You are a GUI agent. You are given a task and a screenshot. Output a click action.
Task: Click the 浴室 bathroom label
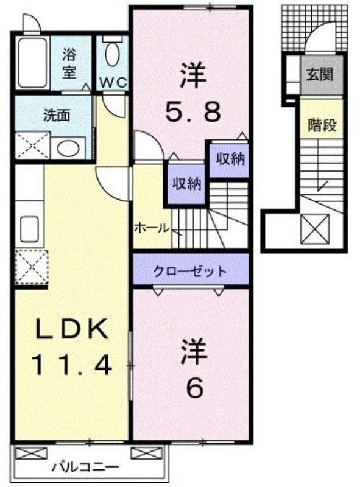point(69,64)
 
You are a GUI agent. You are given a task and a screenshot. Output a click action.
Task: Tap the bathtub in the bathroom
point(32,63)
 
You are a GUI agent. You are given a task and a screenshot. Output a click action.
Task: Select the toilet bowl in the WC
point(112,54)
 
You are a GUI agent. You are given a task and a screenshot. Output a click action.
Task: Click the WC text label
point(113,82)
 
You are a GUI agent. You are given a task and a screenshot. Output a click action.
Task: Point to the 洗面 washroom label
point(56,115)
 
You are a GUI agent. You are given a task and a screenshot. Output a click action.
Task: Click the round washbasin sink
point(68,149)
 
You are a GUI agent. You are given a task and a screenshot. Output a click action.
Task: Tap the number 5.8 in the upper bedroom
point(192,112)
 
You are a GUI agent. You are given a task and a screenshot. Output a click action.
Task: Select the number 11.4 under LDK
point(71,365)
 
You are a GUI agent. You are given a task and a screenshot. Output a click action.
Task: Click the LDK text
point(72,329)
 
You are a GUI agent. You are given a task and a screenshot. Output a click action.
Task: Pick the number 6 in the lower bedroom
point(194,388)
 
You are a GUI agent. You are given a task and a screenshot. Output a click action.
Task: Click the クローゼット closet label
point(190,271)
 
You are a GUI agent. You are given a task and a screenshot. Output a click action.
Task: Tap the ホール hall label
point(152,229)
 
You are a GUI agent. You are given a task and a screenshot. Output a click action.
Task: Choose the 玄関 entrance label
point(320,74)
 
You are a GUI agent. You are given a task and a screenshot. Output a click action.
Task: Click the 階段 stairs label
point(322,125)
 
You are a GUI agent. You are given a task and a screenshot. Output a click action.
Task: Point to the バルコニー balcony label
point(85,467)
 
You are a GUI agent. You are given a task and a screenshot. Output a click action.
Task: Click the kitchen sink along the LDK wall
point(29,229)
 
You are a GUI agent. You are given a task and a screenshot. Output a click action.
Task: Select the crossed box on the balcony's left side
point(31,453)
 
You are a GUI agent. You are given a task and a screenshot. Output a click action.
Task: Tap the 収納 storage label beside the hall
point(187,184)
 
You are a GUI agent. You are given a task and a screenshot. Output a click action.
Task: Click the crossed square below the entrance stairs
point(315,229)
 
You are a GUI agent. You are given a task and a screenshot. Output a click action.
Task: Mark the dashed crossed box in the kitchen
point(32,267)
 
